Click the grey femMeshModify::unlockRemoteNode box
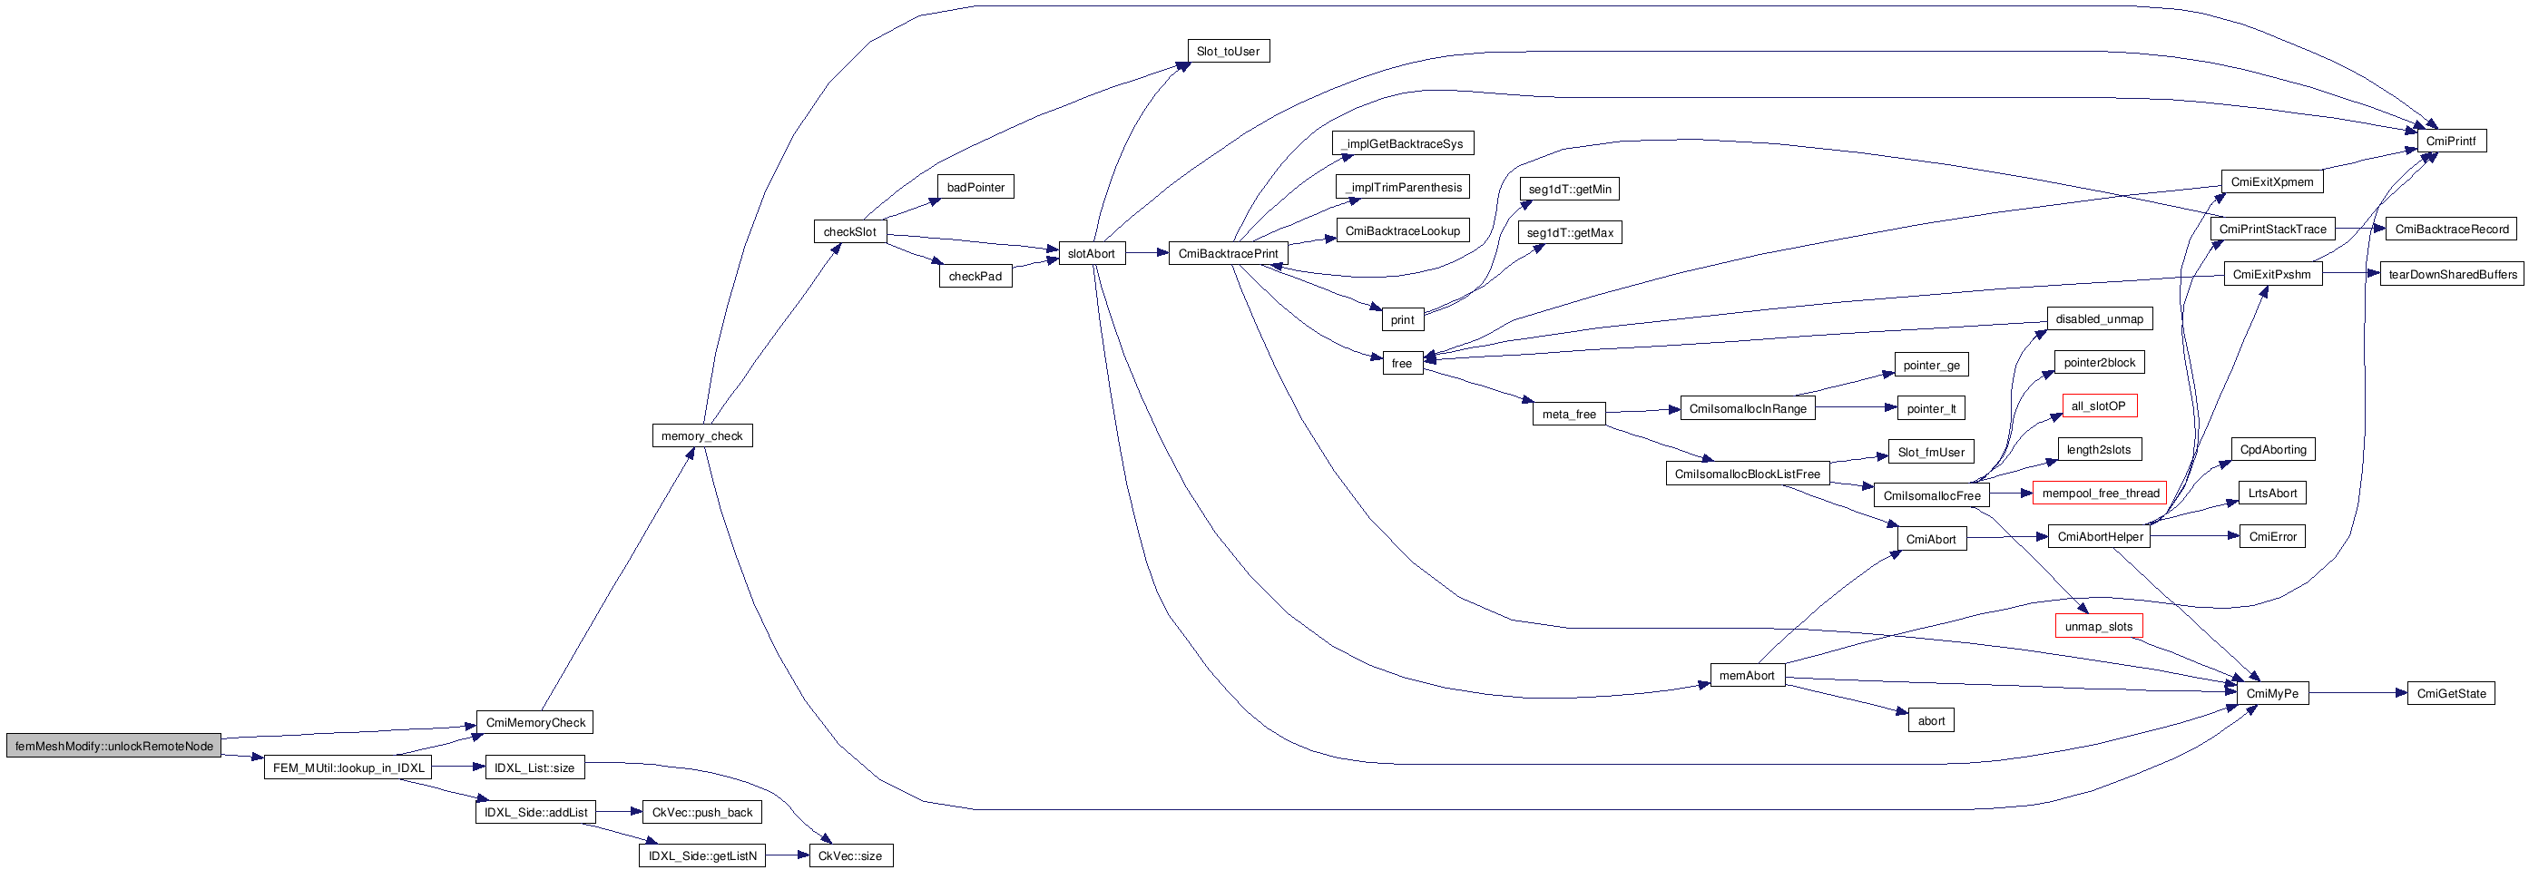coord(114,747)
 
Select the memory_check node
coord(702,436)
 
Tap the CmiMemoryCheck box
coord(534,723)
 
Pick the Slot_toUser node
coord(1227,51)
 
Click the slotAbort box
coord(1091,253)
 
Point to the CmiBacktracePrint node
coord(1227,253)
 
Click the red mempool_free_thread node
coord(2100,493)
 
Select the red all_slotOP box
coord(2098,406)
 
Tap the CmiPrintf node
coord(2450,142)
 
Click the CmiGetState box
coord(2450,693)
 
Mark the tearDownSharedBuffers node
coord(2452,274)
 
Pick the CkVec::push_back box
coord(702,812)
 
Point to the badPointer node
coord(975,188)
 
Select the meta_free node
coord(1568,415)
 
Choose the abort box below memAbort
coord(1930,720)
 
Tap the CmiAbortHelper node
coord(2099,537)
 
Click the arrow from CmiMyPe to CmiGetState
coord(2357,693)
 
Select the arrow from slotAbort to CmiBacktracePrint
coord(1146,253)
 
